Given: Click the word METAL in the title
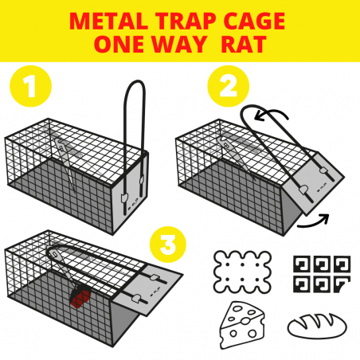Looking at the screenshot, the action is point(108,21).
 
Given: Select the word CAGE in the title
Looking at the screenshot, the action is point(254,21).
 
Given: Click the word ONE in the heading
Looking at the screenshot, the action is point(119,44).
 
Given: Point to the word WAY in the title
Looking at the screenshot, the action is point(179,44).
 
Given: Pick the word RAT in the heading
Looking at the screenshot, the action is point(244,44).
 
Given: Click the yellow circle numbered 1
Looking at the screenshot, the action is point(30,86).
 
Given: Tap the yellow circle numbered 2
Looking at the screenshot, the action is point(228,86).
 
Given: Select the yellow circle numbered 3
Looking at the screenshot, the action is point(168,245).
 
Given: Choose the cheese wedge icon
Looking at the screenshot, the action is point(242,324).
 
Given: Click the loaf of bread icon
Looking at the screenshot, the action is point(317,326).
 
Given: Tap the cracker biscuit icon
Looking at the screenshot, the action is point(242,272).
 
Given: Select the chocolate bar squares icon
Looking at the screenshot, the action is point(322,274).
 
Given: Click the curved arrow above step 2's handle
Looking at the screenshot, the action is point(270,112).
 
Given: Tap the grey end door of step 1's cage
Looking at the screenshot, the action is point(130,193).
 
